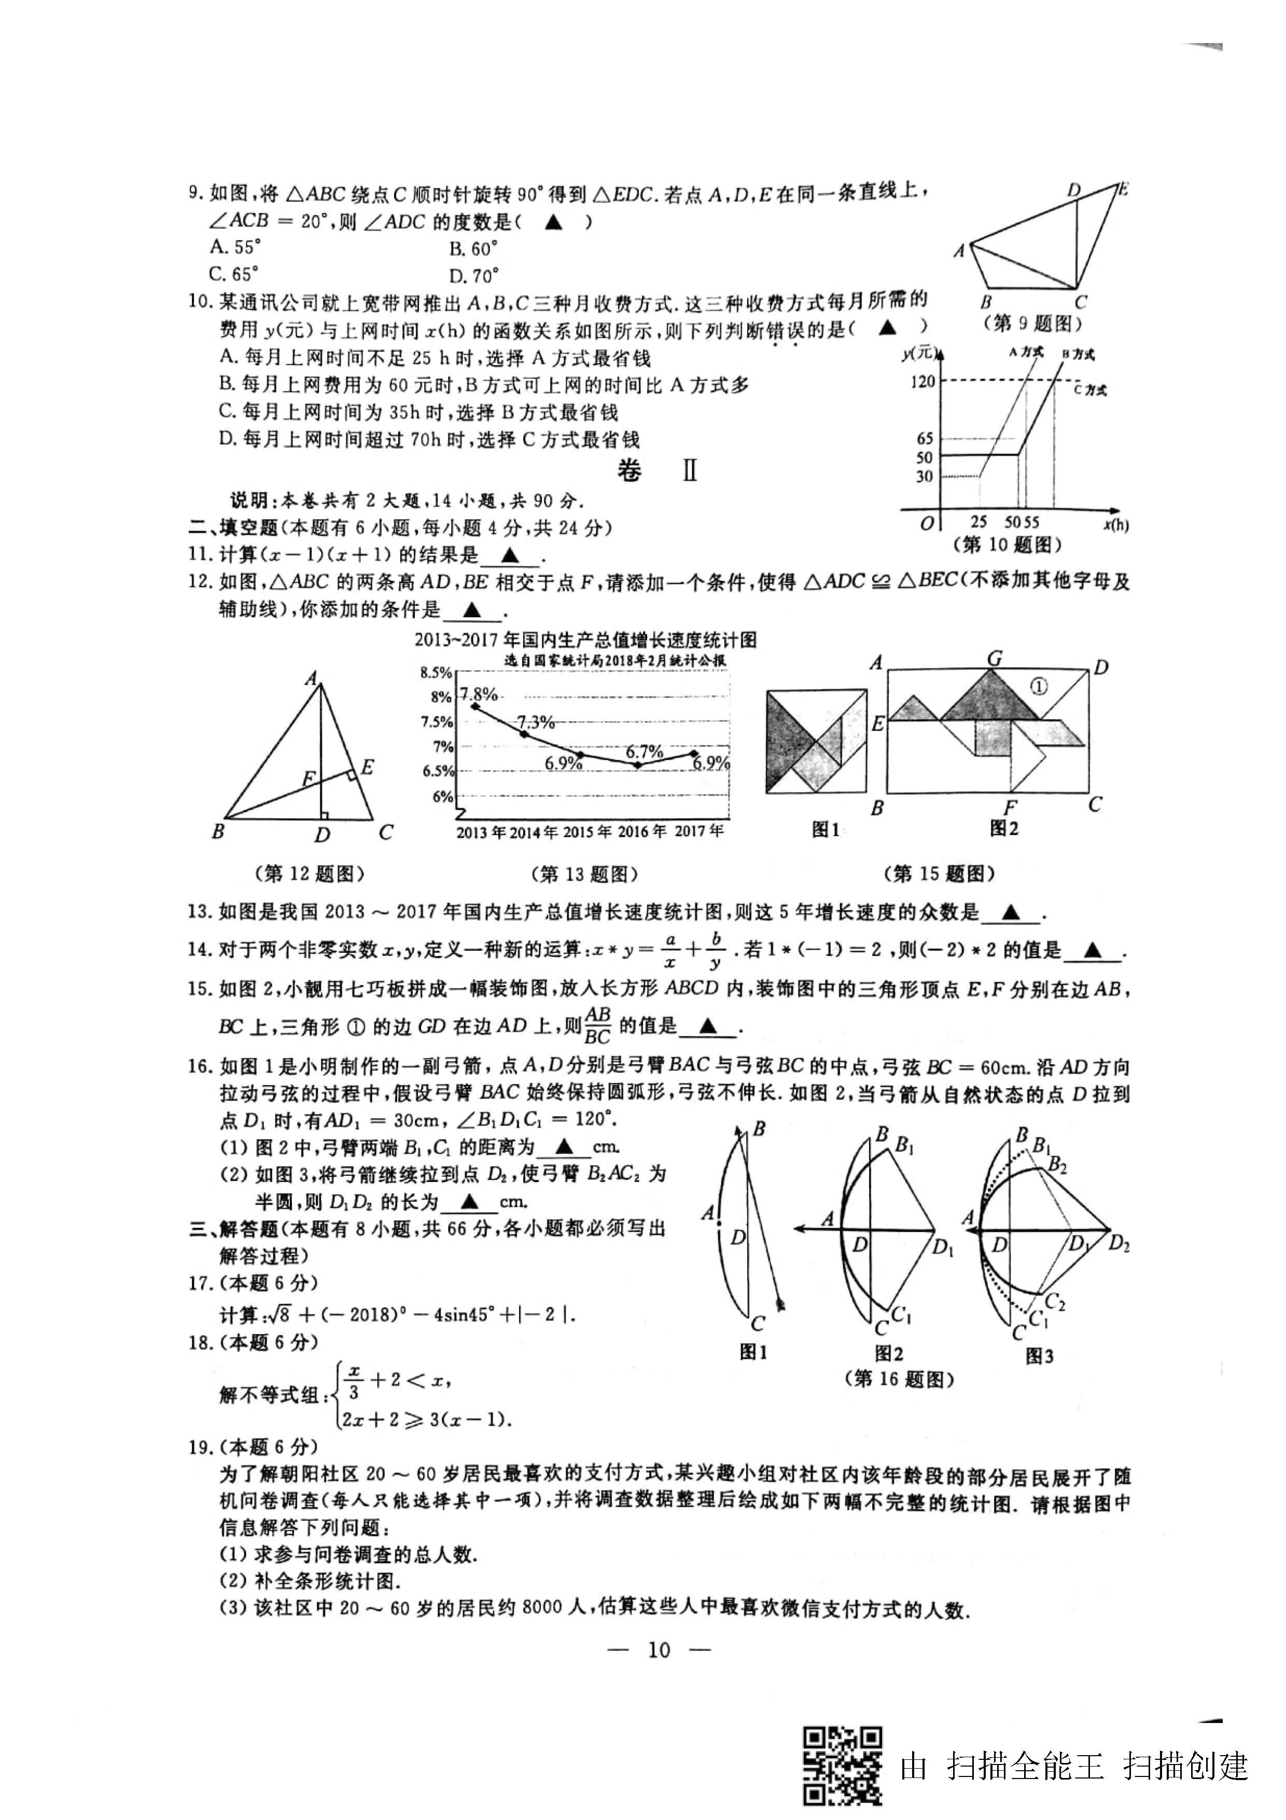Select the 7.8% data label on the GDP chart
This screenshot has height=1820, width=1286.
[x=479, y=694]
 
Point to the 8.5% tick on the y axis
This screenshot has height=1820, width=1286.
[x=436, y=673]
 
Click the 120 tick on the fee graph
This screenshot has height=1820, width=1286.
[x=922, y=382]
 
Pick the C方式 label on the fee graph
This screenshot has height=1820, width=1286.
[x=1091, y=389]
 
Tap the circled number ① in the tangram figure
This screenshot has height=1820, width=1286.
[x=1039, y=687]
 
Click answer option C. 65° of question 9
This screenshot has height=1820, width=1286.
[x=234, y=274]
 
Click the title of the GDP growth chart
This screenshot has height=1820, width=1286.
[x=585, y=640]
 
